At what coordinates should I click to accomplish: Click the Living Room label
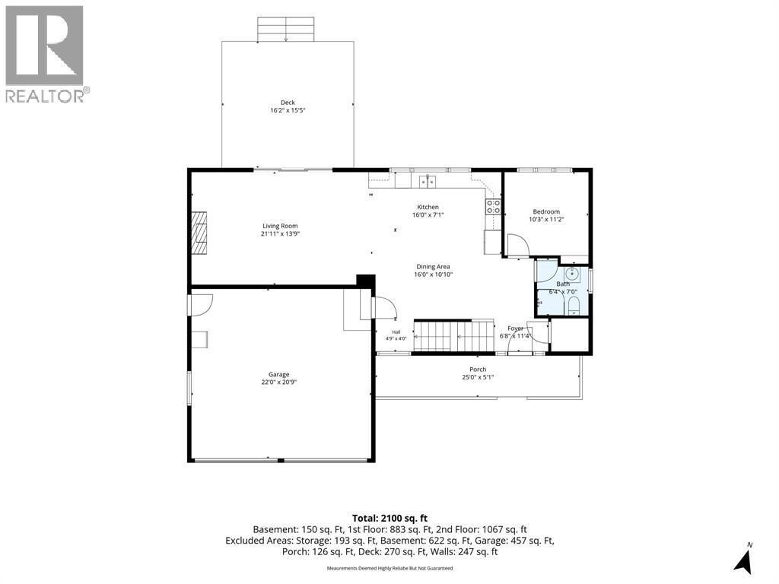[280, 226]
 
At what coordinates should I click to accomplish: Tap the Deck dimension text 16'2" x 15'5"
[287, 110]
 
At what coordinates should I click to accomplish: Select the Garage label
[278, 374]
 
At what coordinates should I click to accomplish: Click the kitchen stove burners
[493, 207]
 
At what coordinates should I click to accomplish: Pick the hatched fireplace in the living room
[199, 233]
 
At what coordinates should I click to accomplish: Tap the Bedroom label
[546, 211]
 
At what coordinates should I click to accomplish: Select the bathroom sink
[572, 273]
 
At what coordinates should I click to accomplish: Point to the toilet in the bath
[573, 306]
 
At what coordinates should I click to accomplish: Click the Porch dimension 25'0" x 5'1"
[478, 377]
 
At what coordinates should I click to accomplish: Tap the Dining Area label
[433, 267]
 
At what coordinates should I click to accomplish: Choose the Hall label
[396, 332]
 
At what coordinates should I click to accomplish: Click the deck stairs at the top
[286, 30]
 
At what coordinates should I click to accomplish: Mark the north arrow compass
[744, 558]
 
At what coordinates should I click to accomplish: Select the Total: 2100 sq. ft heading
[389, 519]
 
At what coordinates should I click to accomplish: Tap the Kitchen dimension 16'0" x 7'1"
[428, 215]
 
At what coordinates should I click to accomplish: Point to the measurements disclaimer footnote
[389, 568]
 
